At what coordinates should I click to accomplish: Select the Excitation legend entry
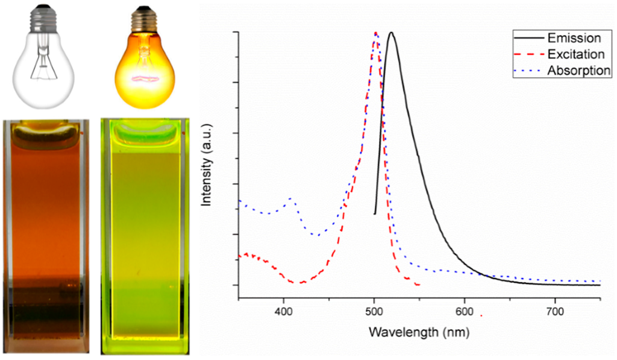575,54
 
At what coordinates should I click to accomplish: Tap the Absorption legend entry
579,71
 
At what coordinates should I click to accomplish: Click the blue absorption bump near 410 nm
292,198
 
